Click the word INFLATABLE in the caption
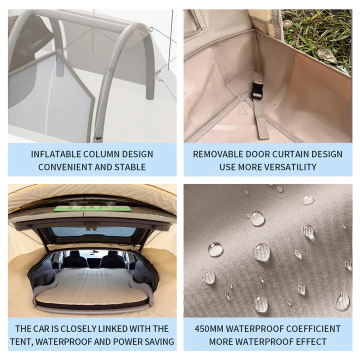click(x=56, y=154)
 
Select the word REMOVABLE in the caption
click(x=218, y=154)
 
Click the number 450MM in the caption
click(x=209, y=329)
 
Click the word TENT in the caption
click(x=21, y=341)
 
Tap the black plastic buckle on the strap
click(x=257, y=90)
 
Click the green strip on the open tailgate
click(x=92, y=208)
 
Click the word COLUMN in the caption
click(x=102, y=154)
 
